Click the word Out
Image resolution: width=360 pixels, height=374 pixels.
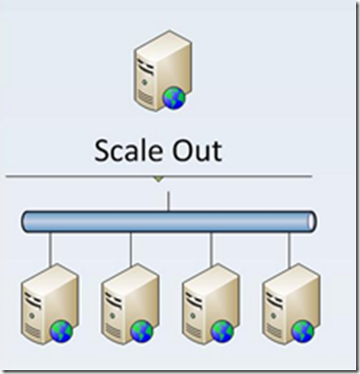[x=197, y=150]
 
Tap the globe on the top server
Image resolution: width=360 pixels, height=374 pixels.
[x=174, y=98]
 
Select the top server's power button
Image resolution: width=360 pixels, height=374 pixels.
[x=144, y=83]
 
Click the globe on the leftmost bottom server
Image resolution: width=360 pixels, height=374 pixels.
[x=62, y=332]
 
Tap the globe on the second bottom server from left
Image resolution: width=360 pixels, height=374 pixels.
[x=141, y=332]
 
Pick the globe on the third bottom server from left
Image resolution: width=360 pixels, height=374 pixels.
[x=222, y=332]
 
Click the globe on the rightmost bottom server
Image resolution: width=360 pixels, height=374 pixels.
[x=303, y=332]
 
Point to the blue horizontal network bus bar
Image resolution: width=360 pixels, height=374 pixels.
[x=169, y=221]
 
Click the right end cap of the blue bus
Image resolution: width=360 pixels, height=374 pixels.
[x=312, y=221]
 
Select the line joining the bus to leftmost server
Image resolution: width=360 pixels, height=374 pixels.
[x=50, y=249]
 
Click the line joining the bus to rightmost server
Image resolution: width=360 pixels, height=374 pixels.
[x=290, y=249]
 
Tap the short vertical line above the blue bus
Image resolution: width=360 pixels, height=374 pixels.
[x=168, y=201]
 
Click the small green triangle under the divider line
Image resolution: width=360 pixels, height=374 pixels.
[x=158, y=179]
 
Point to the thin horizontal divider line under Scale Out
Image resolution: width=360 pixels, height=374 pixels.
[x=159, y=176]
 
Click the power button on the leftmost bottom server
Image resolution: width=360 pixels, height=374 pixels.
[x=32, y=315]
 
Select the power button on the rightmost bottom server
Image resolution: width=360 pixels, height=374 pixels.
[x=273, y=315]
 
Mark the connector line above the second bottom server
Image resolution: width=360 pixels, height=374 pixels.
[x=131, y=249]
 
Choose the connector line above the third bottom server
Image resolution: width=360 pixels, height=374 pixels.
[x=211, y=249]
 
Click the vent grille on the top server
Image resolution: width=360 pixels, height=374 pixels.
[x=145, y=97]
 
